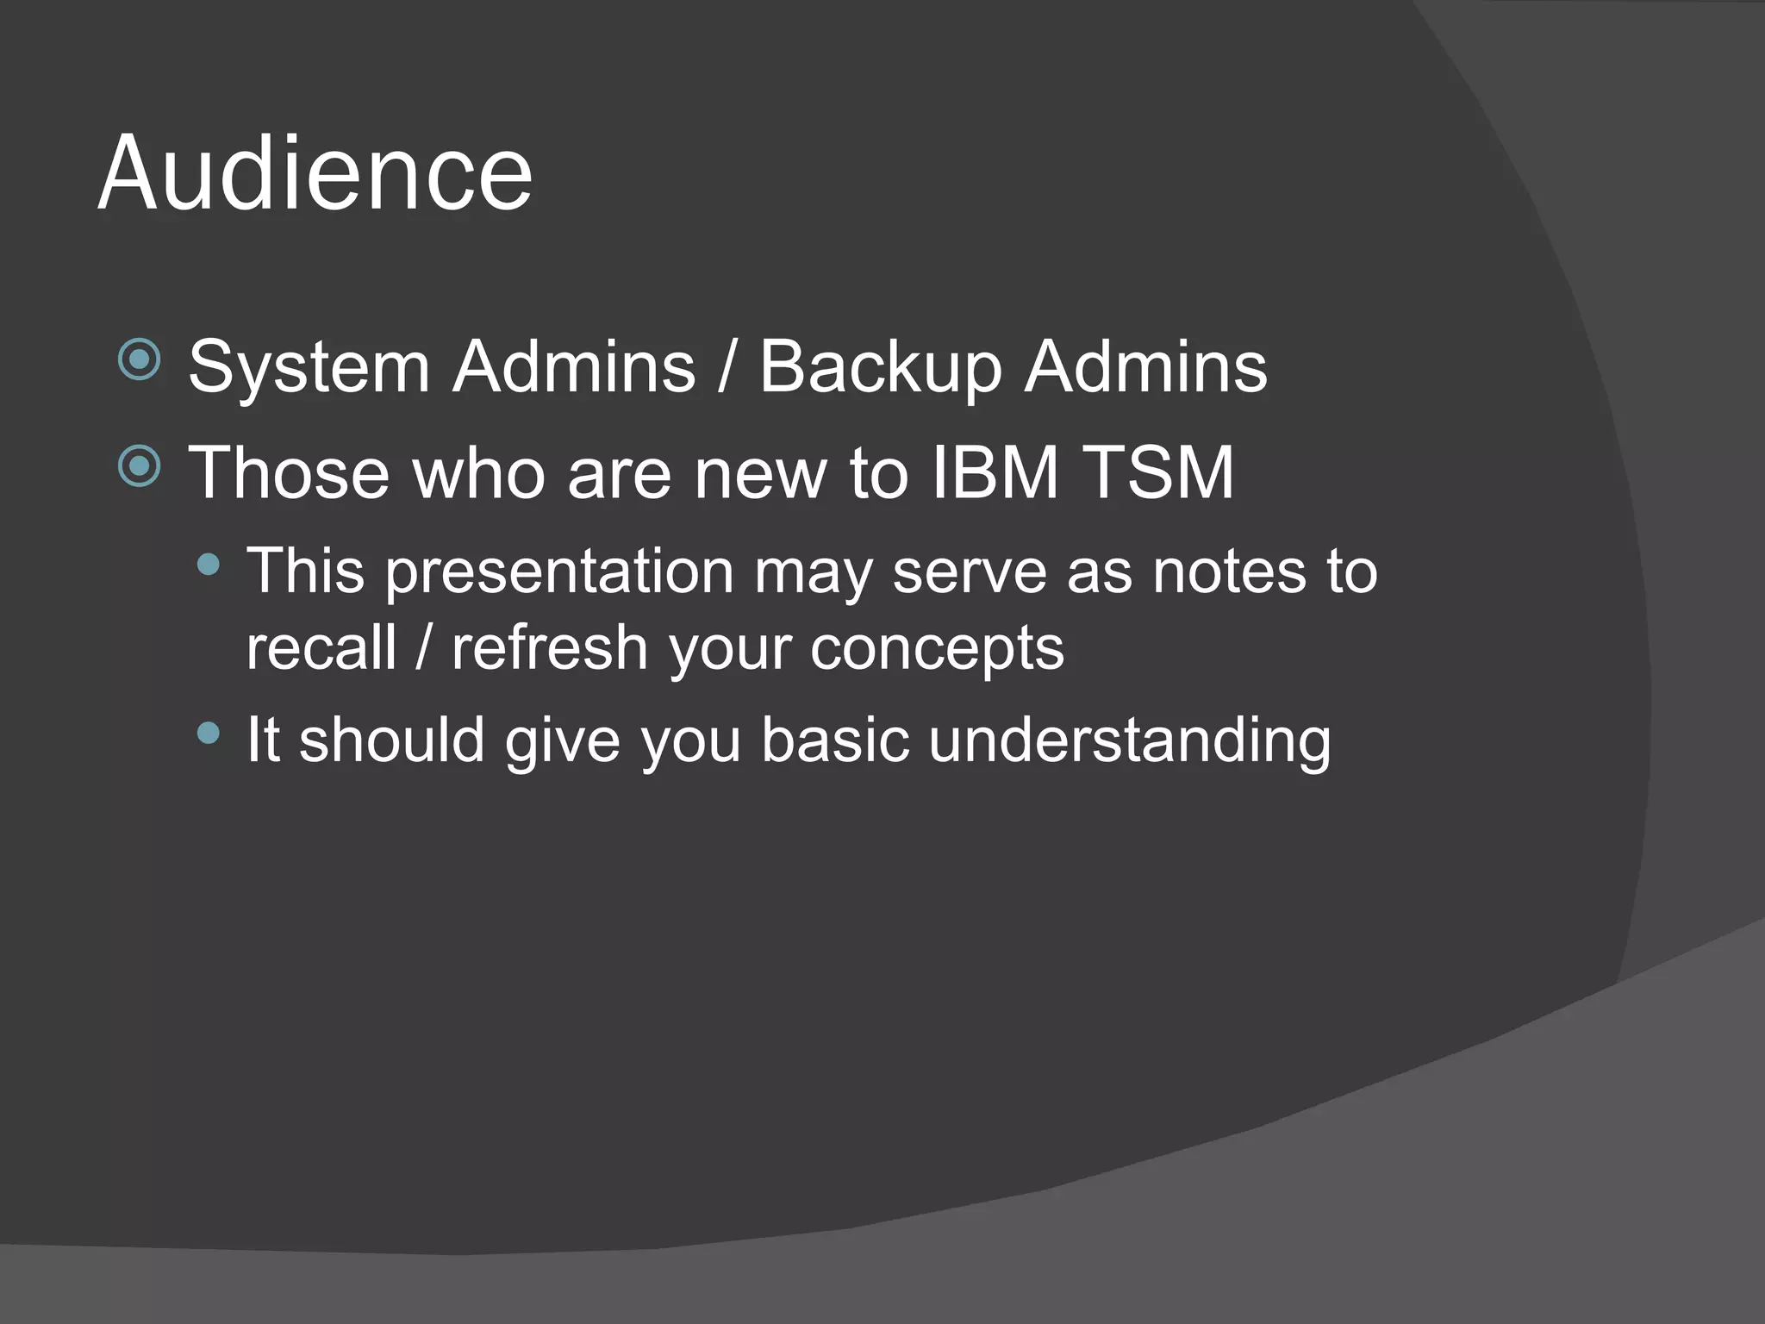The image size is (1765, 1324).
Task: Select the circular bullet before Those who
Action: click(x=140, y=466)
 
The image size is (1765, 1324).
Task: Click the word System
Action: click(x=309, y=367)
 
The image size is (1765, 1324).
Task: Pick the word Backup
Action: click(x=881, y=367)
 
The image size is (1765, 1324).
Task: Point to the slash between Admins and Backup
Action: click(x=727, y=367)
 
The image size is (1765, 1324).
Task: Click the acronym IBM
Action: click(x=995, y=472)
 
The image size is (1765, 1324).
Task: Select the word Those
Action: click(x=289, y=472)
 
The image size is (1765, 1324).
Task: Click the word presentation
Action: click(x=558, y=572)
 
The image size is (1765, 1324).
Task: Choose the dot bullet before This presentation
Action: click(x=209, y=565)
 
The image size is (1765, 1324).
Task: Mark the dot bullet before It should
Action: click(x=209, y=734)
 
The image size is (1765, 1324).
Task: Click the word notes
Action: click(x=1229, y=571)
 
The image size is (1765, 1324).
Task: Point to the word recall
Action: click(x=321, y=648)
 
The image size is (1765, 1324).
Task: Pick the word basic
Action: click(x=835, y=740)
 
